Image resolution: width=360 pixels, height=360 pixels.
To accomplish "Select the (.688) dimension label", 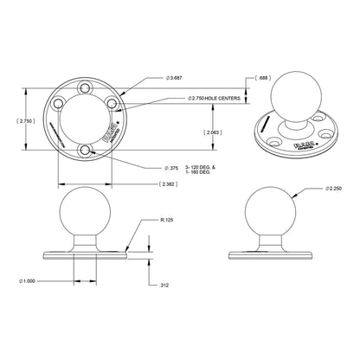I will tap(263, 79).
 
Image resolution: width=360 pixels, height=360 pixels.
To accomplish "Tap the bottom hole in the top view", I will tap(85, 152).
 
